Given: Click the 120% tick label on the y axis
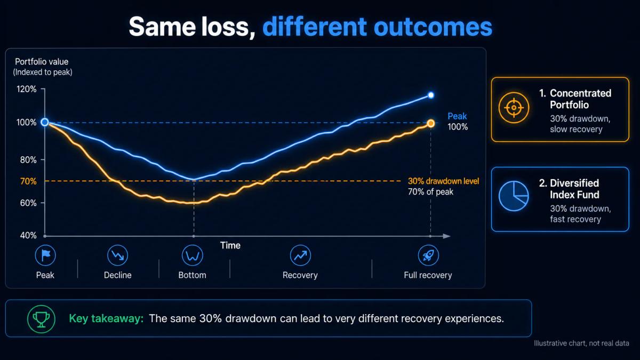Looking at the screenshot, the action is point(27,89).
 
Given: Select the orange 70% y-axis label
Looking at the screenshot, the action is point(28,181).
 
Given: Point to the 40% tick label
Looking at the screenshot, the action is point(28,235).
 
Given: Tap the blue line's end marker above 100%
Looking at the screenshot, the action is point(430,95).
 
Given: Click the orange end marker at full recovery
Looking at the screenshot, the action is point(430,123).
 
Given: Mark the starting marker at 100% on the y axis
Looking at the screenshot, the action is point(45,122).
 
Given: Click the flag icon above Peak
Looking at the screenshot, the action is point(45,255).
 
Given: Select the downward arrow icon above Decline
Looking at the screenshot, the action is point(117,255).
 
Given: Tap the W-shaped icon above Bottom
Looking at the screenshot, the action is point(193,255).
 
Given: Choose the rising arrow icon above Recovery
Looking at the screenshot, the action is point(300,255).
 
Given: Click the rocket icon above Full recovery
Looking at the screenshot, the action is point(428,255).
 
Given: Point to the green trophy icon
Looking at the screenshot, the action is point(41,319).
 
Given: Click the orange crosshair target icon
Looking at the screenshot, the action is point(514,108).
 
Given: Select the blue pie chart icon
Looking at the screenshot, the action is point(514,196).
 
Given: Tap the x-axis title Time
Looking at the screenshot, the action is point(230,245).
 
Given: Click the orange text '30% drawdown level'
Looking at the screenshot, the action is point(443,181).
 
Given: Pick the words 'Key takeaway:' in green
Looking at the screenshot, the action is point(106,318).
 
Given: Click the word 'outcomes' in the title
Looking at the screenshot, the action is point(433,27).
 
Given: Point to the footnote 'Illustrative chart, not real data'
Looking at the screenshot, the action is point(581,343).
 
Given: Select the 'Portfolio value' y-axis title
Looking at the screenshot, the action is point(42,62).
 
